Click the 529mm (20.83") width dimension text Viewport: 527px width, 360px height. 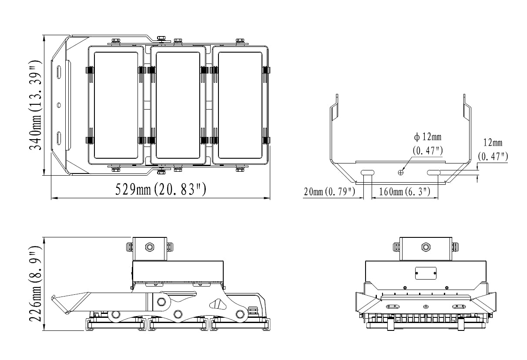click(x=161, y=190)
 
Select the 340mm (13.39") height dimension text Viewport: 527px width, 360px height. click(x=35, y=105)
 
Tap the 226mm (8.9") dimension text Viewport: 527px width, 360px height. click(x=35, y=284)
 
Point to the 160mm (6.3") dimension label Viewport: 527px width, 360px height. click(x=404, y=192)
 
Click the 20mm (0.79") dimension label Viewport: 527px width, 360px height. click(x=329, y=192)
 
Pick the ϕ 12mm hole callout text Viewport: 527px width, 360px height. click(x=428, y=137)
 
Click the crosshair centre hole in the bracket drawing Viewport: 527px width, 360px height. click(x=400, y=173)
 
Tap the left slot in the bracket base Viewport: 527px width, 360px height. click(x=367, y=173)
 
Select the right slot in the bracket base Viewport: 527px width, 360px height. click(x=433, y=173)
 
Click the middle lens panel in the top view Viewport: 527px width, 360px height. click(x=178, y=105)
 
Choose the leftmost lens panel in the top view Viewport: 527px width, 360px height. click(x=116, y=105)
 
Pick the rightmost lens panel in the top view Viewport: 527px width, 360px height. click(x=240, y=105)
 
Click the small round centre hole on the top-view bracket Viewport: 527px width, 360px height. click(x=59, y=105)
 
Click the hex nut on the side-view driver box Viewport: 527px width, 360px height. click(x=150, y=247)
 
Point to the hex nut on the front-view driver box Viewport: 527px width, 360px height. click(x=425, y=247)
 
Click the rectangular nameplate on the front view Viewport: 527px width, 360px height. click(x=426, y=273)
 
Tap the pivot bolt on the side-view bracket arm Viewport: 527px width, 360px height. click(x=161, y=301)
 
